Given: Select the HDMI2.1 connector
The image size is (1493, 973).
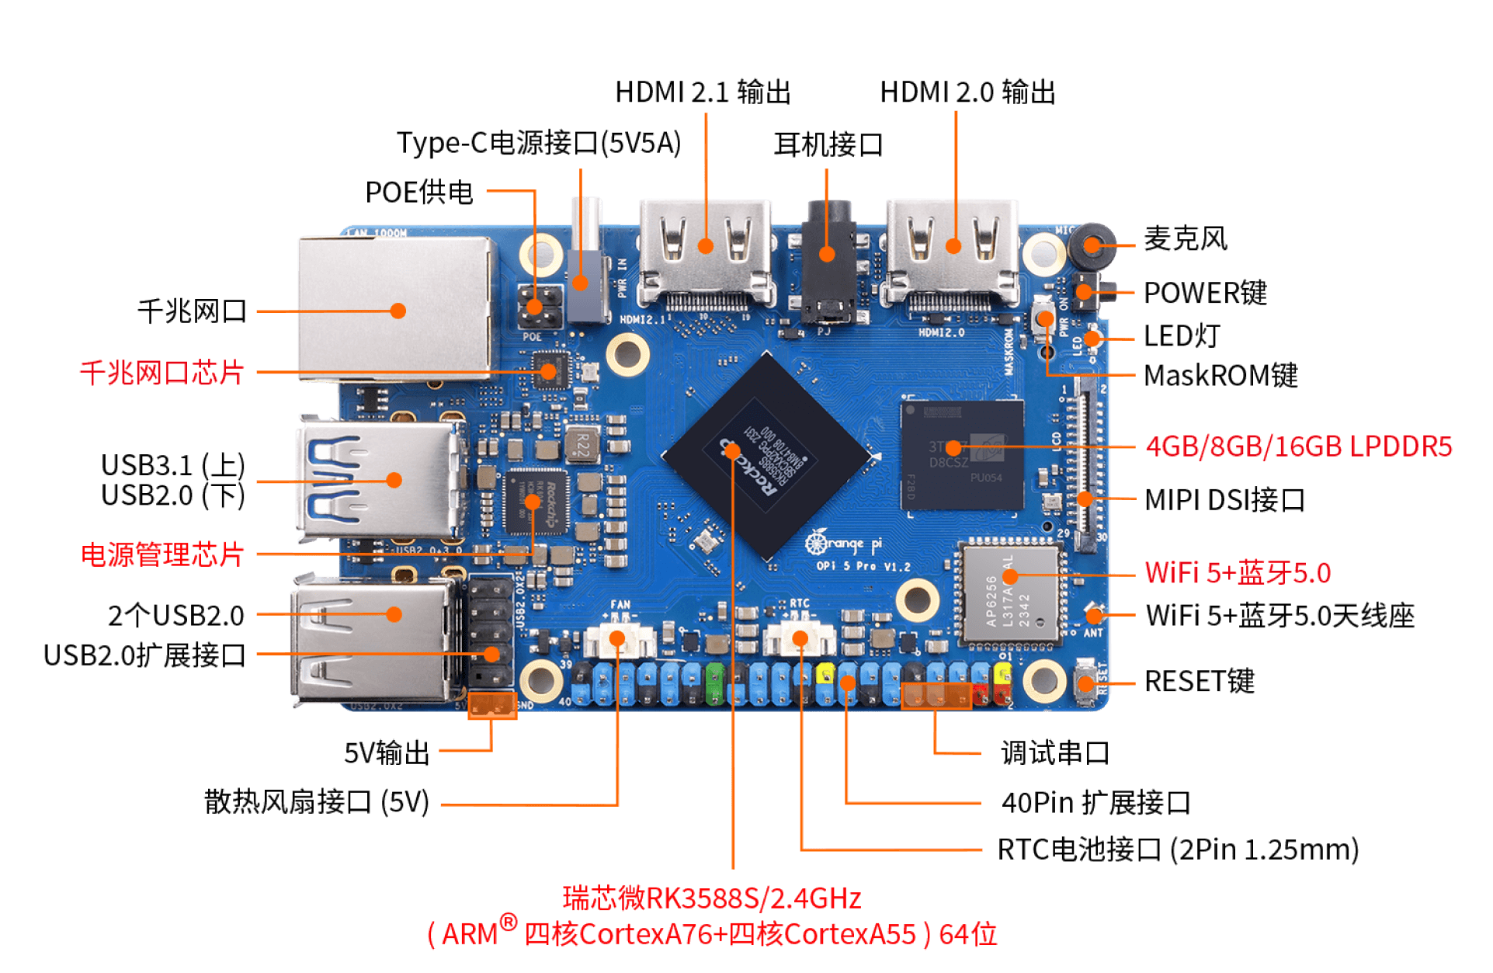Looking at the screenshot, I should (705, 252).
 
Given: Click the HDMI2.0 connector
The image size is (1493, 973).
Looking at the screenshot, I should (953, 252).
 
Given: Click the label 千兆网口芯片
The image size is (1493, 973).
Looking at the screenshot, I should (161, 373).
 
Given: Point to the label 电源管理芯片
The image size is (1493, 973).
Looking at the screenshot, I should (162, 554).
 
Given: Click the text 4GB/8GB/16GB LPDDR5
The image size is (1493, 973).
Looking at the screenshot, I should (1299, 447).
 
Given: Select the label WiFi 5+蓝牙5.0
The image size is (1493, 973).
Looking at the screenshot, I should (1238, 574).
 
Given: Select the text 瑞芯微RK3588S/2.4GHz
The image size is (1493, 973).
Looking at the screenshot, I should (712, 898).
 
